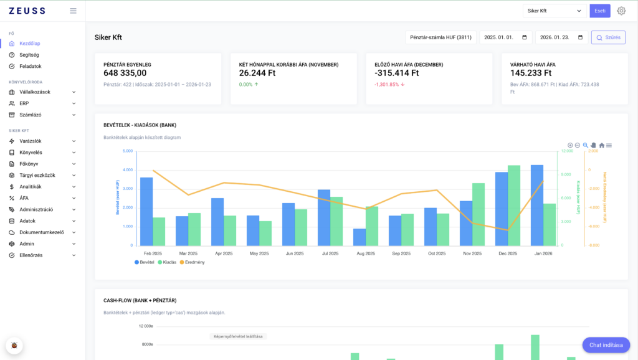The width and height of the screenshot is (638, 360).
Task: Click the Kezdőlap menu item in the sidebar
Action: click(30, 44)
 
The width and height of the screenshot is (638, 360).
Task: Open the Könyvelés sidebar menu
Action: click(31, 152)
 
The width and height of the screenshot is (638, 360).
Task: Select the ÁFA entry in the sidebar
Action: click(24, 198)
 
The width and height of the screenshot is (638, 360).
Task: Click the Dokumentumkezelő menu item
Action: click(42, 232)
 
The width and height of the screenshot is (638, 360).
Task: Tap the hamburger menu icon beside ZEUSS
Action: click(73, 11)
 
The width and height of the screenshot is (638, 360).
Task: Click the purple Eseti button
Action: click(600, 11)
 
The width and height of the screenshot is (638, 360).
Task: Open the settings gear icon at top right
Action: click(621, 11)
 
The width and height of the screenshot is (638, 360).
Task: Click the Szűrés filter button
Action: click(608, 37)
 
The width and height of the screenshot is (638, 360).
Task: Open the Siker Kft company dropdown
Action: click(554, 11)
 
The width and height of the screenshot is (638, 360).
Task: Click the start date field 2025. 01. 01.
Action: click(505, 37)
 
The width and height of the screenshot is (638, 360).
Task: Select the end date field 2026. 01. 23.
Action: click(561, 37)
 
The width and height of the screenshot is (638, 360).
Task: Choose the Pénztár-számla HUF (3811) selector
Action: click(440, 37)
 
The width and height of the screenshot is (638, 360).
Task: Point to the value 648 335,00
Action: click(125, 73)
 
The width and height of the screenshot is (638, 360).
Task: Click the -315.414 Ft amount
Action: click(397, 73)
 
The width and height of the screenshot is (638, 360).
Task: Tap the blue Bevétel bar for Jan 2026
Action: click(536, 206)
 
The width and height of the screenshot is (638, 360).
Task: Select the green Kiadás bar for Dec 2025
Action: click(514, 206)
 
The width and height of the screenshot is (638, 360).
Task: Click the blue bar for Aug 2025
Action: click(359, 237)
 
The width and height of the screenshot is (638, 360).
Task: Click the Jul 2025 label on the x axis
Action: click(330, 253)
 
